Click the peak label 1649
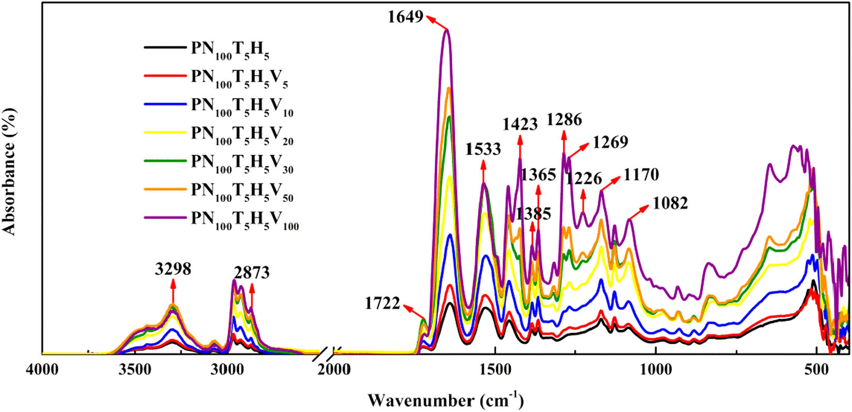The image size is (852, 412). (406, 17)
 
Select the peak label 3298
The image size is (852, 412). (172, 269)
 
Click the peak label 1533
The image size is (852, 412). (483, 149)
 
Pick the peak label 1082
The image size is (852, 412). (670, 203)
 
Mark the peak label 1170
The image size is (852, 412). (641, 175)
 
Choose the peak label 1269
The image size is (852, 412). (610, 141)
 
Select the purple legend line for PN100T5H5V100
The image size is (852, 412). (165, 218)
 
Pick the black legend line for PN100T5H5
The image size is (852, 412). (165, 47)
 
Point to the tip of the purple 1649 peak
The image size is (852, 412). (447, 30)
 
